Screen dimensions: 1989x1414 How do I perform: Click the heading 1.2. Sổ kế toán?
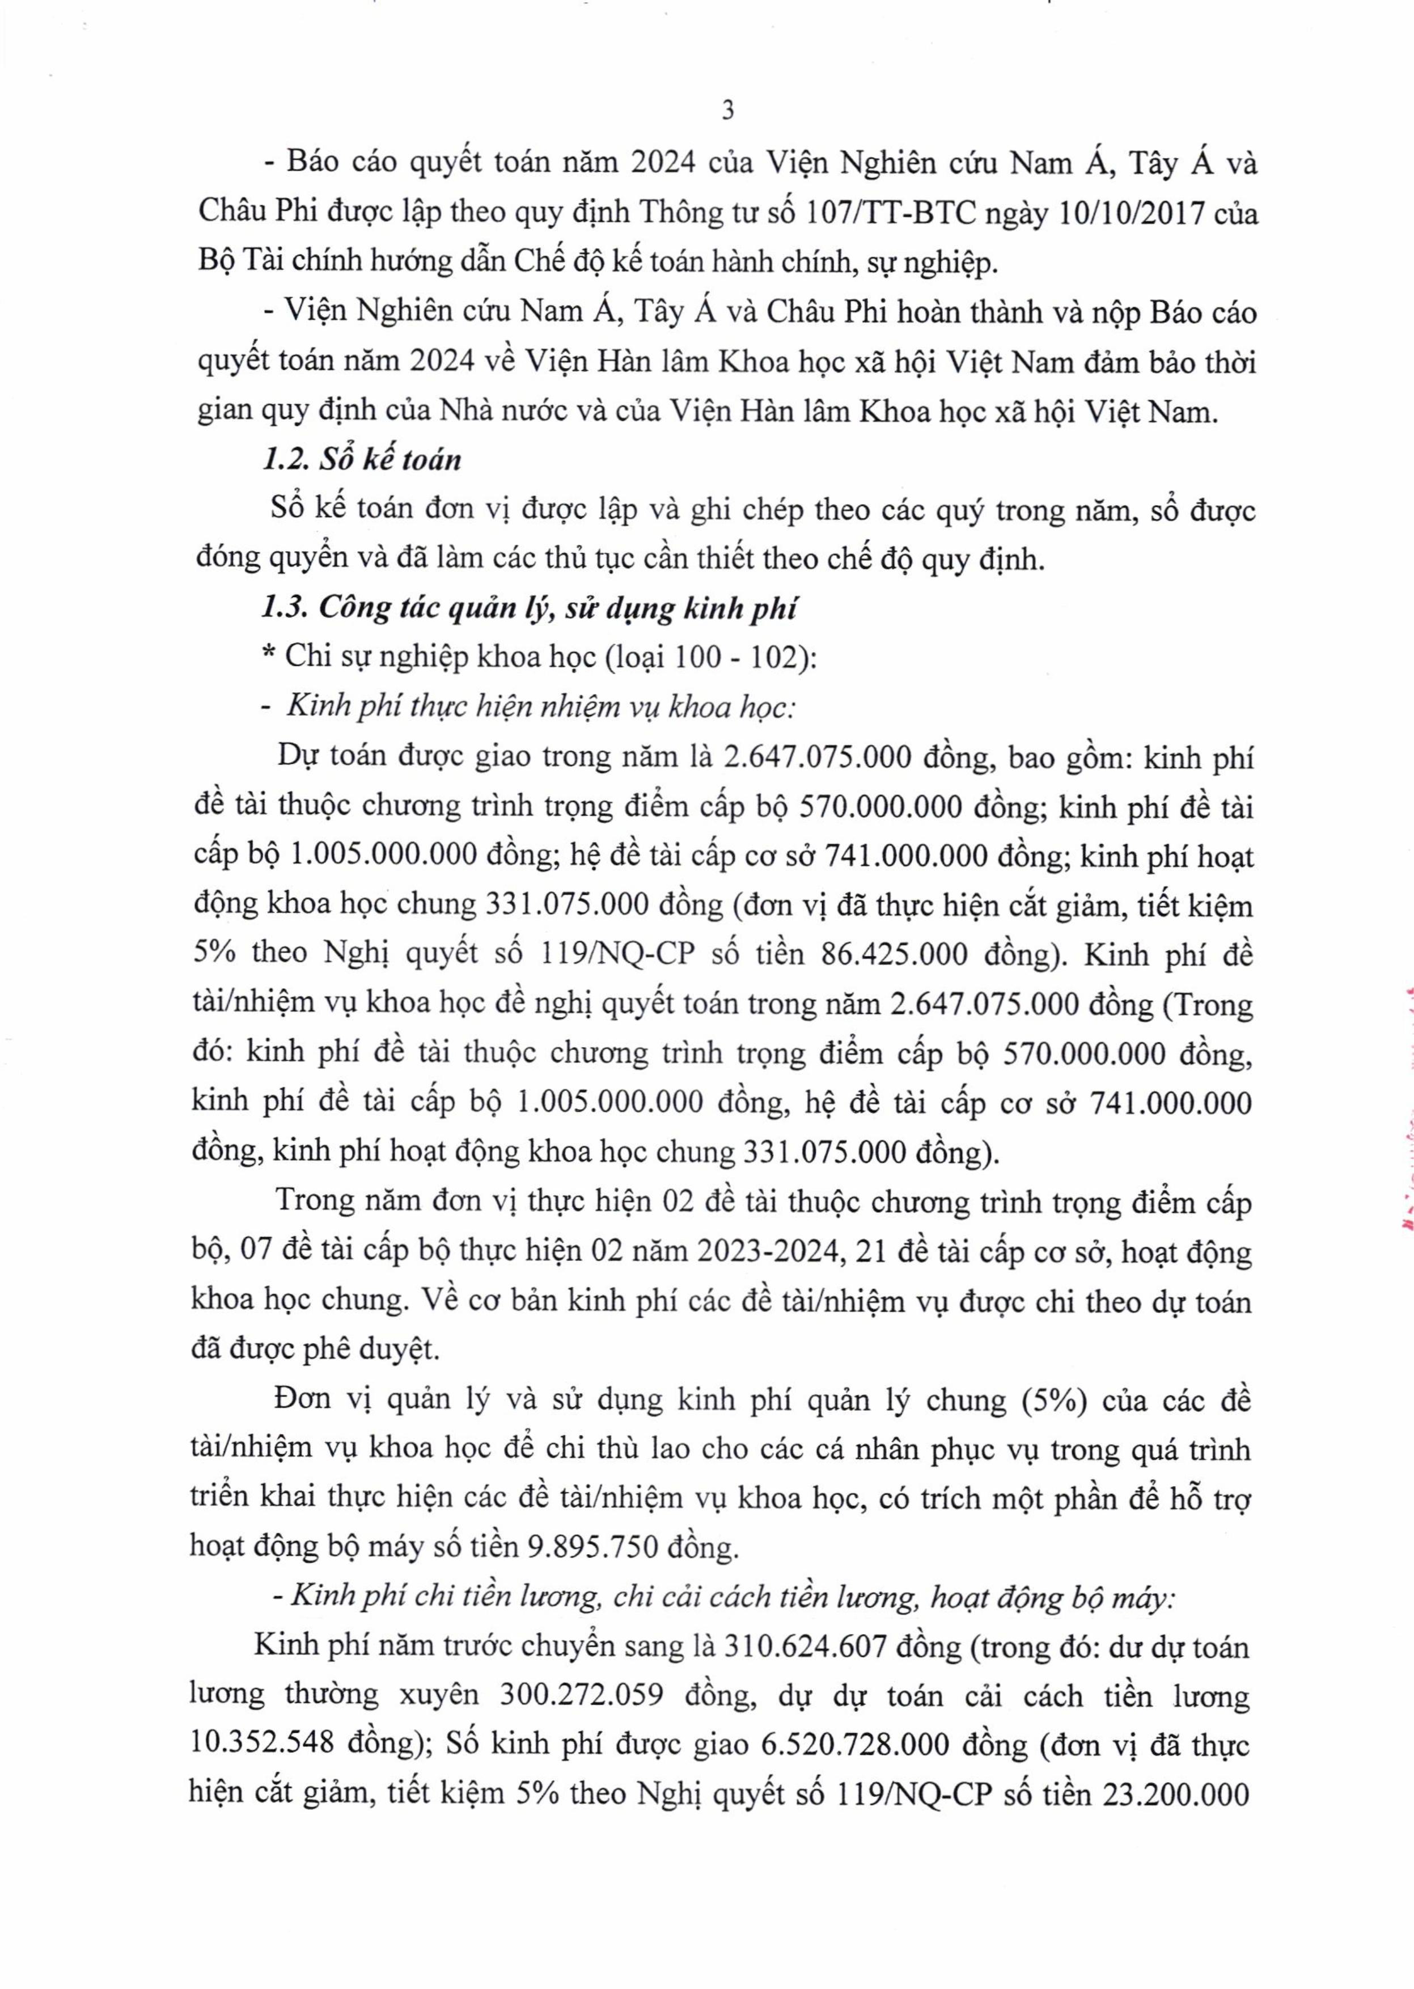click(361, 459)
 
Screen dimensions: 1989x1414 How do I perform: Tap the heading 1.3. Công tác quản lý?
click(530, 607)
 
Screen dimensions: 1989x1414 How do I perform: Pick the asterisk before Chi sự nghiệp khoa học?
click(270, 657)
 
